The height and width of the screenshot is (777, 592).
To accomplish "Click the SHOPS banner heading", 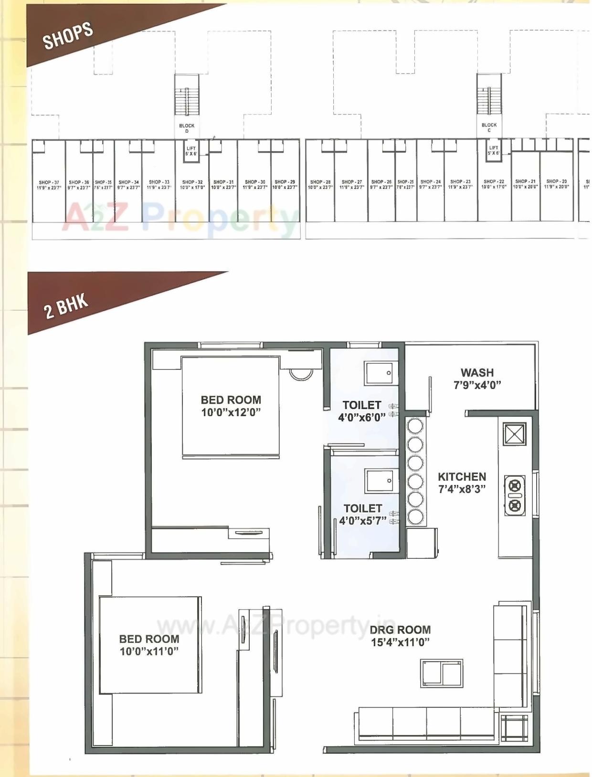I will pos(68,35).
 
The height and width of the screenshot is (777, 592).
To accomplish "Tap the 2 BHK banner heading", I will pos(66,306).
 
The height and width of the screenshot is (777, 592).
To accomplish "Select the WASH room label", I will pos(477,378).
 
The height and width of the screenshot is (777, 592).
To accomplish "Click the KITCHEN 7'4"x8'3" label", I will pos(462,483).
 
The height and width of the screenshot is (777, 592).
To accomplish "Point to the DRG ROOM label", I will pos(400,636).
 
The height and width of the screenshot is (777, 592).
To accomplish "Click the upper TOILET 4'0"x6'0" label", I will pos(362,411).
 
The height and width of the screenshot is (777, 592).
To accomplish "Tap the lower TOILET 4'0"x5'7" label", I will pos(363,514).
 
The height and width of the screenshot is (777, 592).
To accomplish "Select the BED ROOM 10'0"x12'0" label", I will pos(231,406).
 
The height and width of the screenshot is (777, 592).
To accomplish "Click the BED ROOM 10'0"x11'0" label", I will pos(149,645).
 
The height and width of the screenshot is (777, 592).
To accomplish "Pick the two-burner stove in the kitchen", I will pos(515,495).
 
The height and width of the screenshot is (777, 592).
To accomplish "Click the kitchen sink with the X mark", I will pos(514,434).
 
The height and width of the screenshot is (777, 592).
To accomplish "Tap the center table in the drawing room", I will pos(442,673).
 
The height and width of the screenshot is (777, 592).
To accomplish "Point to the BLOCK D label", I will pos(187,128).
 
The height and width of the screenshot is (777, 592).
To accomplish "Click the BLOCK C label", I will pos(489,127).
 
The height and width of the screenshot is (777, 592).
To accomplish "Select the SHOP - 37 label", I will pos(49,185).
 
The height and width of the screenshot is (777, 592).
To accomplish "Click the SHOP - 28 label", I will pos(320,184).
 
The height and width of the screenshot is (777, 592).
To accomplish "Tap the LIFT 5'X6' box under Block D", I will pos(191,151).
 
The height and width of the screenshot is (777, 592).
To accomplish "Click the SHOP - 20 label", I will pos(557,184).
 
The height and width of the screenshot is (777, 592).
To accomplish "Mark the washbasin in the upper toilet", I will pos(381,373).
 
